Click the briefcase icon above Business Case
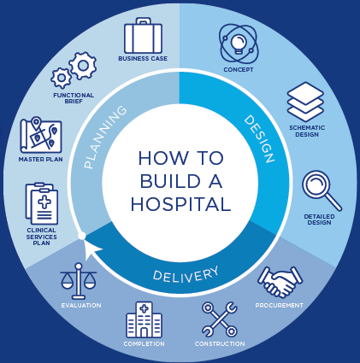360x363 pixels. point(143,35)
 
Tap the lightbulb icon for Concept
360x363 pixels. point(239,44)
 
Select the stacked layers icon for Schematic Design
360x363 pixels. point(305,102)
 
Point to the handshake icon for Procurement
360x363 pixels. point(280,282)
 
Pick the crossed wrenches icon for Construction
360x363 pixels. point(220,319)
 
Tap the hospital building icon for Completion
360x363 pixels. point(144,319)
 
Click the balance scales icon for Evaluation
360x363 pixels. point(79,281)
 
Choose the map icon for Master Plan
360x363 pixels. point(41,135)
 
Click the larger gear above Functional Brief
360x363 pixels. point(83,66)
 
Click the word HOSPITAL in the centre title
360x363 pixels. point(180,204)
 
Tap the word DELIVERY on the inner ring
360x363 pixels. point(186,274)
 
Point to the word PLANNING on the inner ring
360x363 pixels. point(104,137)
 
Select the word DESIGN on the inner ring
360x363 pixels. point(260,138)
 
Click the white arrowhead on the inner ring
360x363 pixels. point(91,249)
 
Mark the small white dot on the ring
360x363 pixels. point(82,236)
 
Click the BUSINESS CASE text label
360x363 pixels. point(143,59)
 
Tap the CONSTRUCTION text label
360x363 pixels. point(220,344)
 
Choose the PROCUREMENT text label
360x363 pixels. point(280,306)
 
